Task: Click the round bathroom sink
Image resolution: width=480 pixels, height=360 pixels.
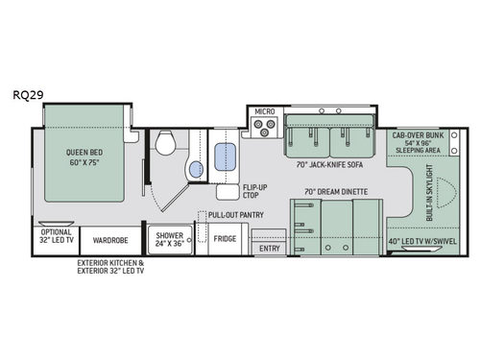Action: (x=195, y=171)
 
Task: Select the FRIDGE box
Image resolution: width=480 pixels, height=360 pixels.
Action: (x=226, y=238)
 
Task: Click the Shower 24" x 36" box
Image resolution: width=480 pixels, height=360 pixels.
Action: (x=170, y=238)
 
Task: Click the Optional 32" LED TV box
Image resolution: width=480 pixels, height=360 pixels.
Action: (x=56, y=238)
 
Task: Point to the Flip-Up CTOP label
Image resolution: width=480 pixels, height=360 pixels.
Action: (x=253, y=191)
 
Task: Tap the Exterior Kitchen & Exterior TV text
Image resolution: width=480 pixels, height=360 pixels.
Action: (x=111, y=267)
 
